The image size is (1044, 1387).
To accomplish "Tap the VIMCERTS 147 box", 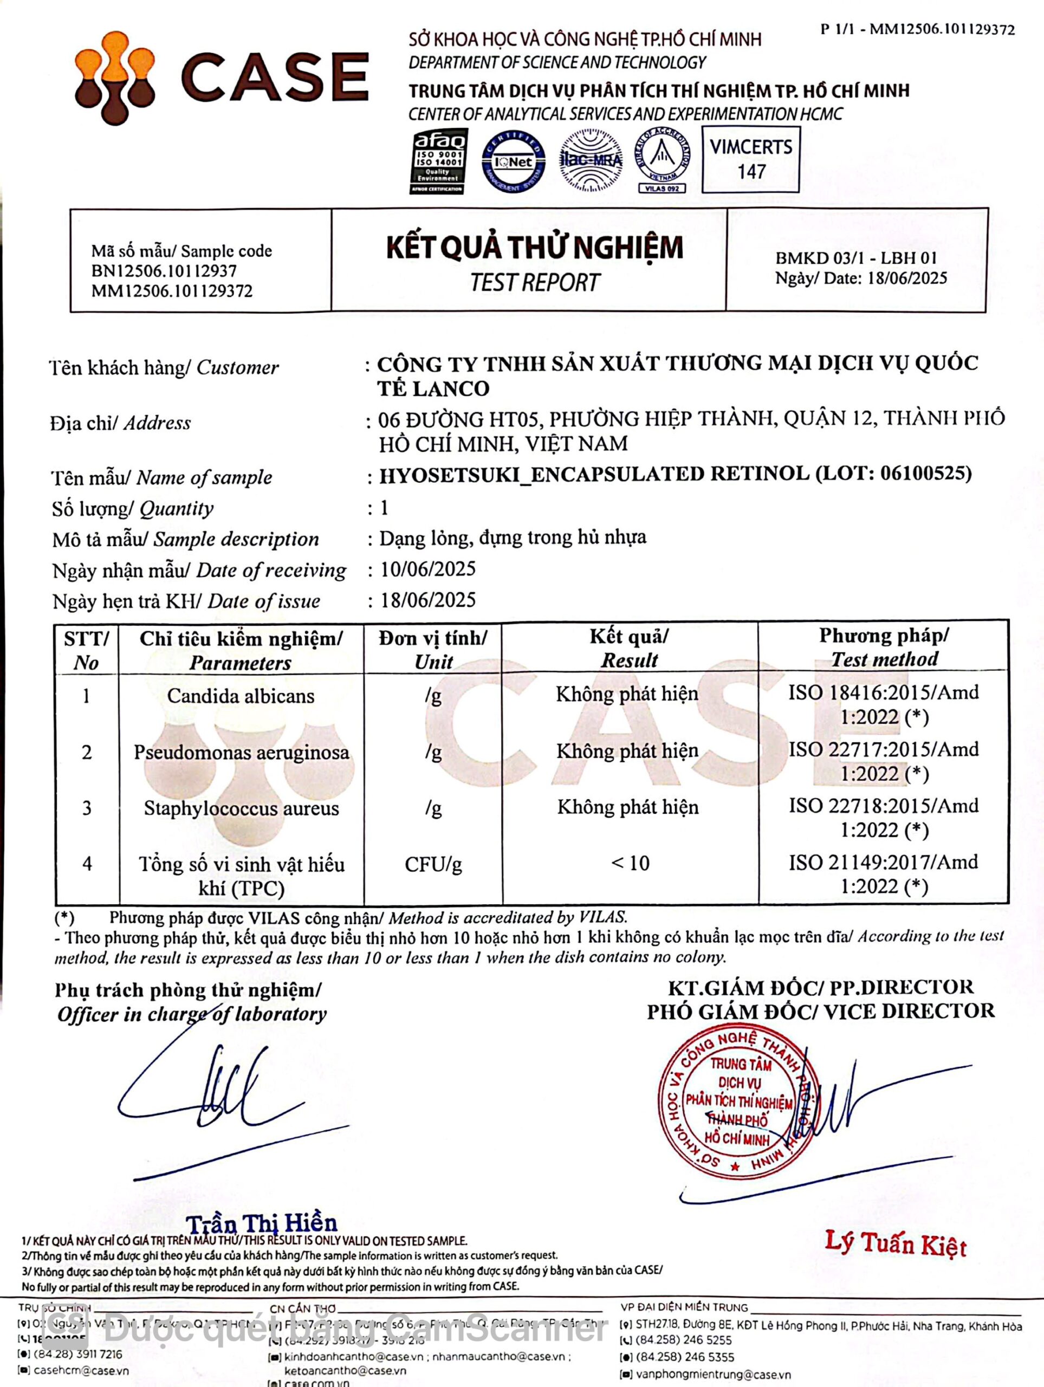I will [750, 159].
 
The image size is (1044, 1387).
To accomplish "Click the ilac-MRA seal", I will [590, 160].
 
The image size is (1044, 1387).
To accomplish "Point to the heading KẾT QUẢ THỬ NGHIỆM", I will [534, 247].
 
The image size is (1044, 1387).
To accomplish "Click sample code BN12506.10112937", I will [164, 271].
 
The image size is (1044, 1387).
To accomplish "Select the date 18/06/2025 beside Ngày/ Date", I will [907, 278].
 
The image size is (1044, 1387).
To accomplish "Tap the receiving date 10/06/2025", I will [428, 569].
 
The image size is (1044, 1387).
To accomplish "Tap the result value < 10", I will [630, 864].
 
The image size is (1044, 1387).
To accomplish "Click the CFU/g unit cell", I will [433, 865].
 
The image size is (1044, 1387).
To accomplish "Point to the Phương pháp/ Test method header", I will [884, 647].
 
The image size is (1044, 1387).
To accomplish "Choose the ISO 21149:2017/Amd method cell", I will [884, 874].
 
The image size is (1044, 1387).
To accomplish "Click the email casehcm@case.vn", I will [81, 1370].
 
